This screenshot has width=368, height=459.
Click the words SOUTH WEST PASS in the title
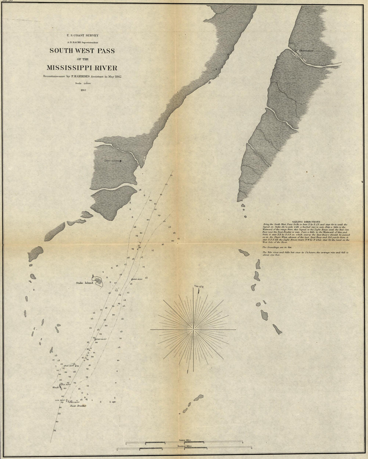82,51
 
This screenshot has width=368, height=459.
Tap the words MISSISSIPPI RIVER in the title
82,68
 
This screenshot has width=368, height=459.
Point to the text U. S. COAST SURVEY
82,34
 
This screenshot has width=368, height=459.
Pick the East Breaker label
78,406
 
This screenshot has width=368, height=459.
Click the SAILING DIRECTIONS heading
306,222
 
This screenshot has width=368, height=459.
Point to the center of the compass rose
193,330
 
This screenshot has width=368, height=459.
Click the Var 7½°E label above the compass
199,287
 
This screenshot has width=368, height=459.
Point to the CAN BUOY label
60,400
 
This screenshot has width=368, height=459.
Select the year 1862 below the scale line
82,90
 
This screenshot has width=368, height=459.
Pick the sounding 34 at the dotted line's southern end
54,430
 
